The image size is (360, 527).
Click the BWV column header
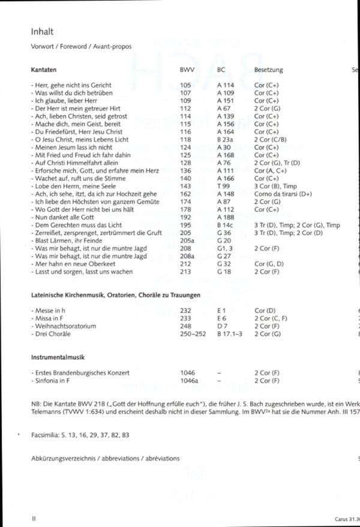pos(187,70)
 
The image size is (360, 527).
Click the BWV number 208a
pos(186,255)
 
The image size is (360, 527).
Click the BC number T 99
pos(222,186)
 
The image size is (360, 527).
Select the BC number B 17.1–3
pos(227,333)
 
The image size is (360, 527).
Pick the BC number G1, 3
pos(223,248)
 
